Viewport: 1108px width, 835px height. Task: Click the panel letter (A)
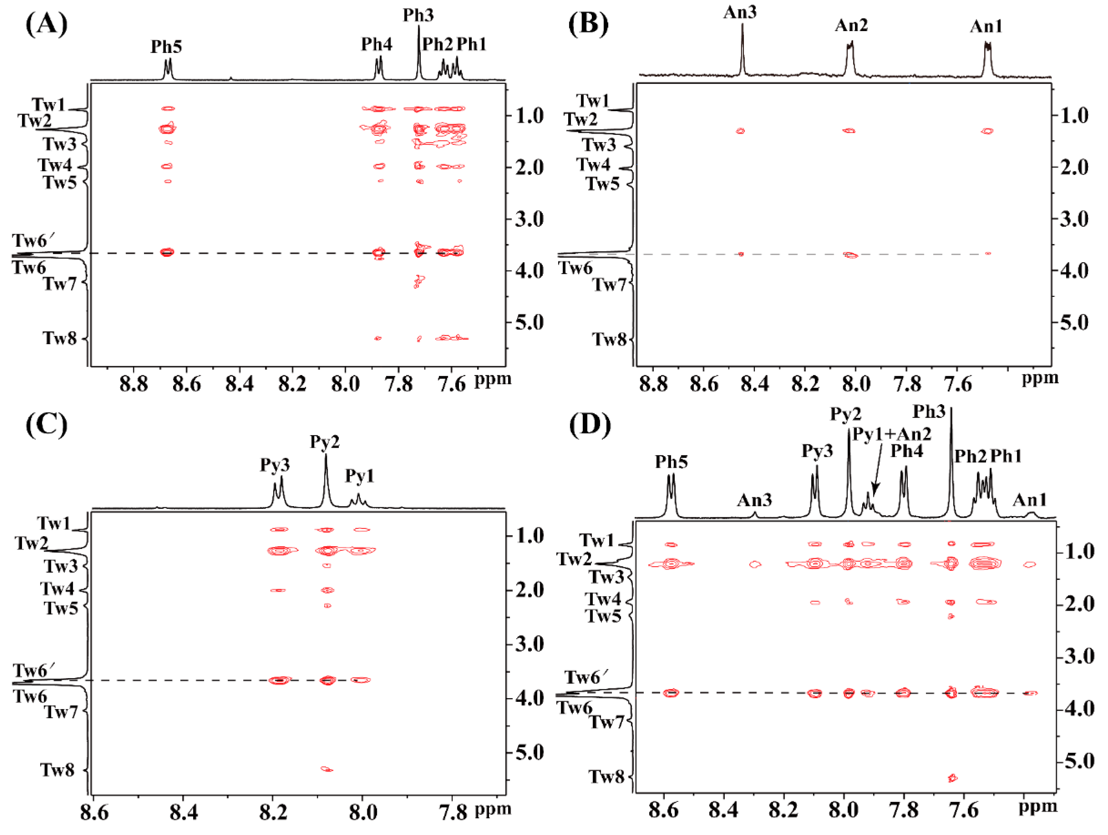46,23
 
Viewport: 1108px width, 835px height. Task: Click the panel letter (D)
590,424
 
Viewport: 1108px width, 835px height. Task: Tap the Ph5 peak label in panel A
166,46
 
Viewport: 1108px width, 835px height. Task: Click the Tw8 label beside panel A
59,339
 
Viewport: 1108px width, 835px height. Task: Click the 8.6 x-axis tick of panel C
94,813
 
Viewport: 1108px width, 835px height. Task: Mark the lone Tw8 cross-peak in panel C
327,769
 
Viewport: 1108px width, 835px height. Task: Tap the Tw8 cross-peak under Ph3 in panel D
952,778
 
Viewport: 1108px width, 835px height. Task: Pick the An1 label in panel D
1030,499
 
